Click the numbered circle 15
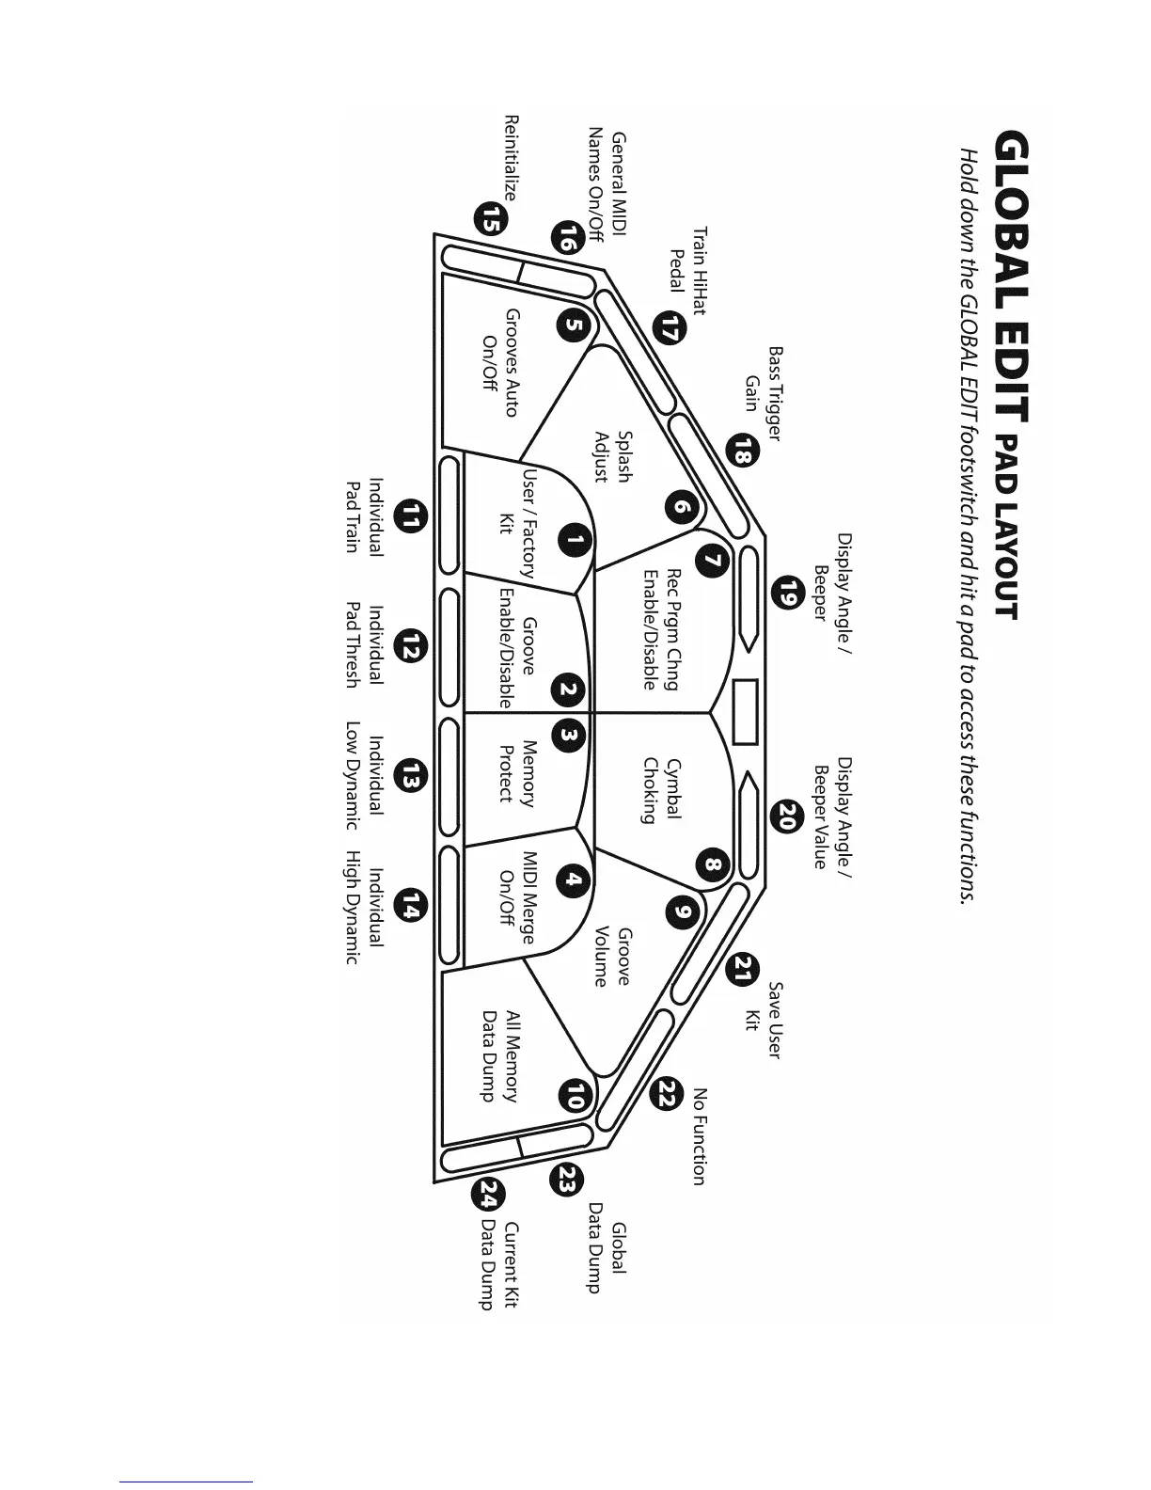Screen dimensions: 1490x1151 [x=490, y=219]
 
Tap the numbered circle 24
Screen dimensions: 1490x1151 [x=489, y=1196]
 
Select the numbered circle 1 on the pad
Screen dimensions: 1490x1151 [x=574, y=540]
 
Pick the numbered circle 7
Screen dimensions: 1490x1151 [x=713, y=561]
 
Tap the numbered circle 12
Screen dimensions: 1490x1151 [x=412, y=646]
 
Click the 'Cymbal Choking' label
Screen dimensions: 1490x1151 [x=661, y=791]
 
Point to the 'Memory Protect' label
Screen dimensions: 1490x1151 [x=516, y=772]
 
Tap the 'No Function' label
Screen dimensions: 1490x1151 [x=699, y=1136]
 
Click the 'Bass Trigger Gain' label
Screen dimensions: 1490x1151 [x=764, y=393]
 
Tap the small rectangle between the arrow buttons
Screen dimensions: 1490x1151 [x=745, y=712]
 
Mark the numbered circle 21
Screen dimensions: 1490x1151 [x=744, y=969]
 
